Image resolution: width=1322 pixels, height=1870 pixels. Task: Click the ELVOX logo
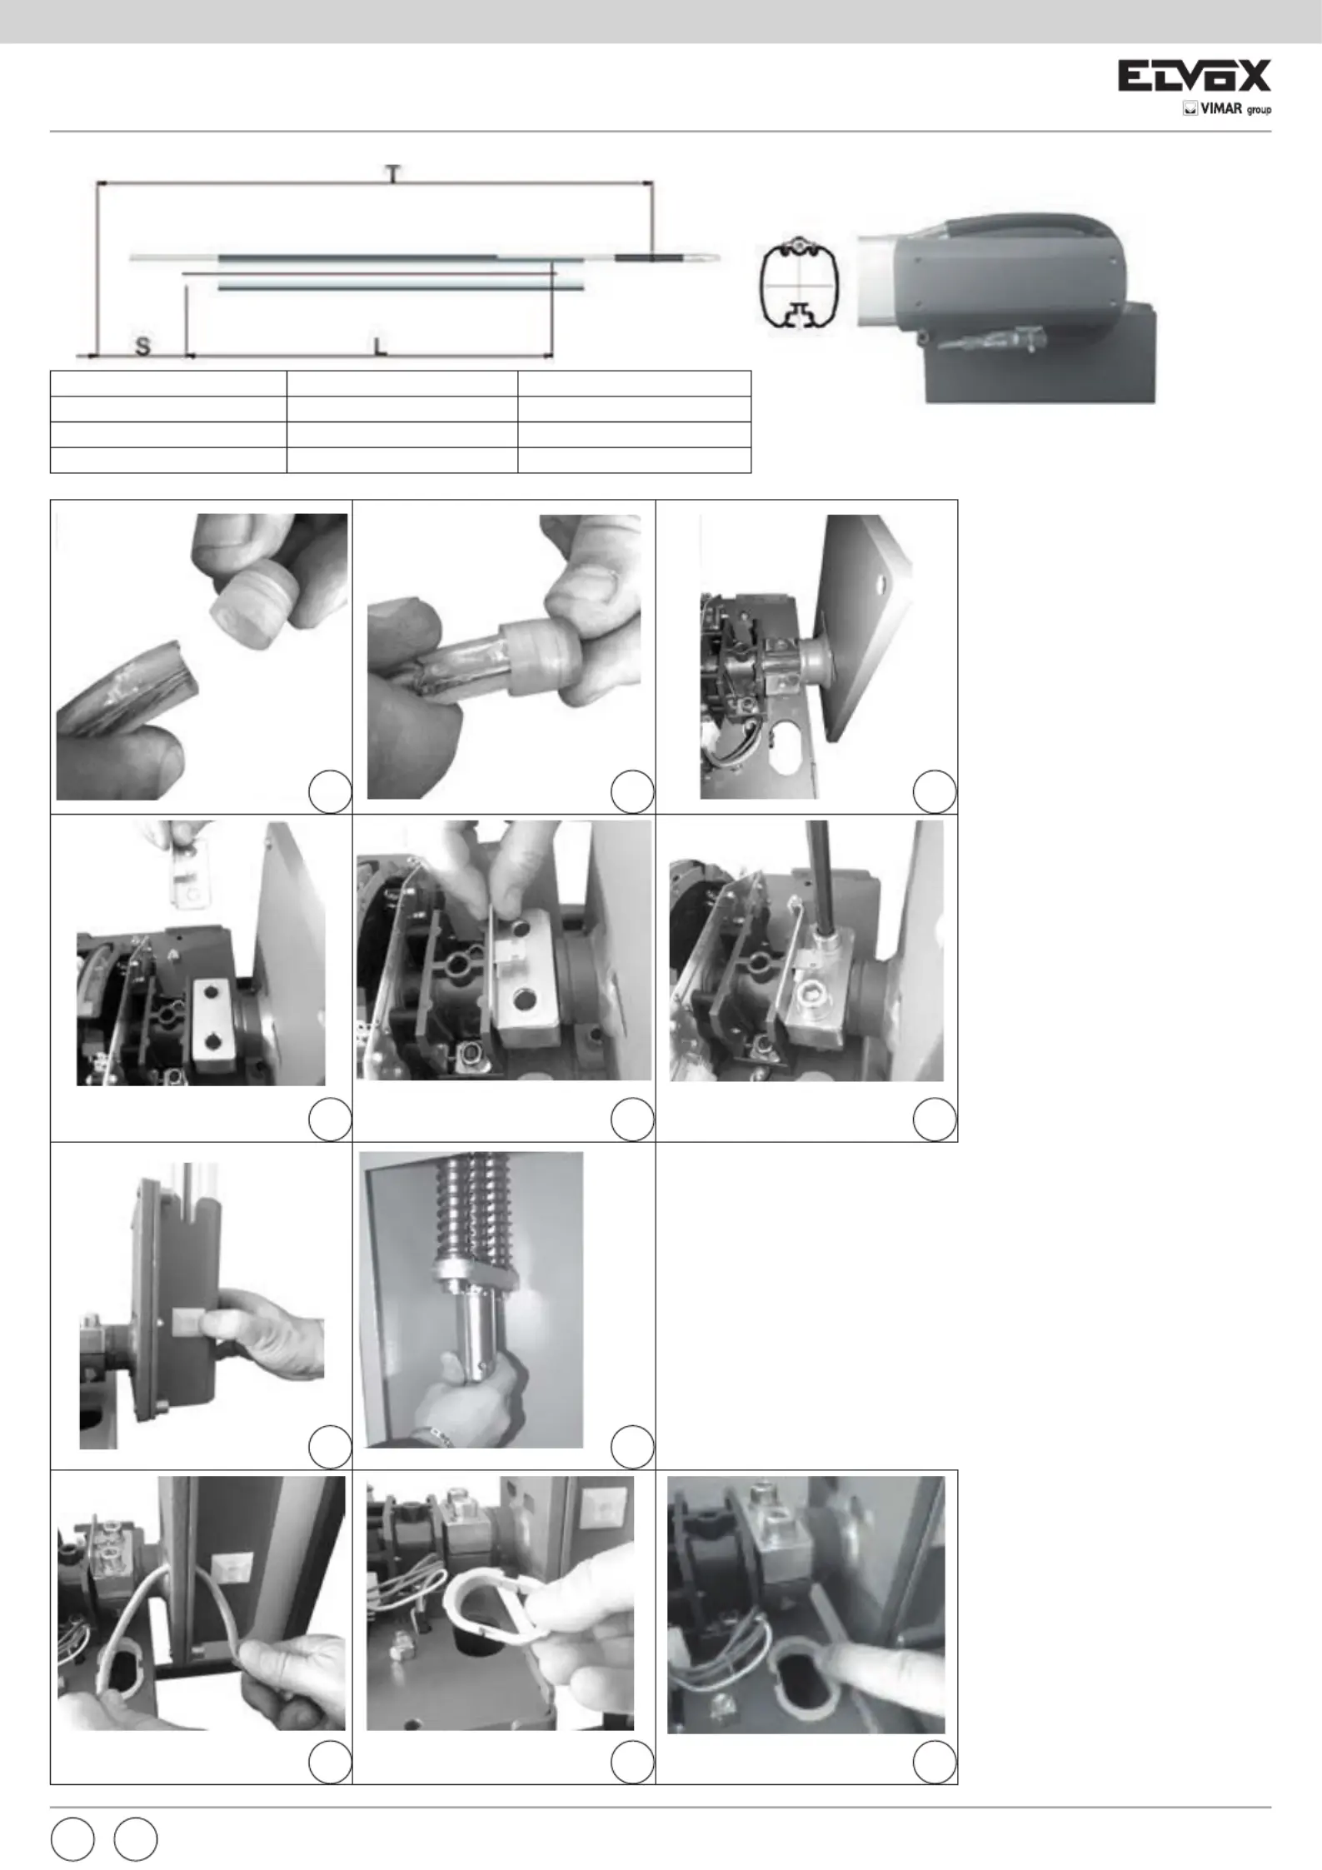1194,76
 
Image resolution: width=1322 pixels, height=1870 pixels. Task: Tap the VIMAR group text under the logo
1227,109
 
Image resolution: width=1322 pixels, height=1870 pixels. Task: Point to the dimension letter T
393,172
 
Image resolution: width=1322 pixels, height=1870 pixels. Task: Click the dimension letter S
142,346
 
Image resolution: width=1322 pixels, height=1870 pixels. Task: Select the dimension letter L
379,346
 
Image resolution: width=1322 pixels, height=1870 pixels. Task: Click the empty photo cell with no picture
806,1305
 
